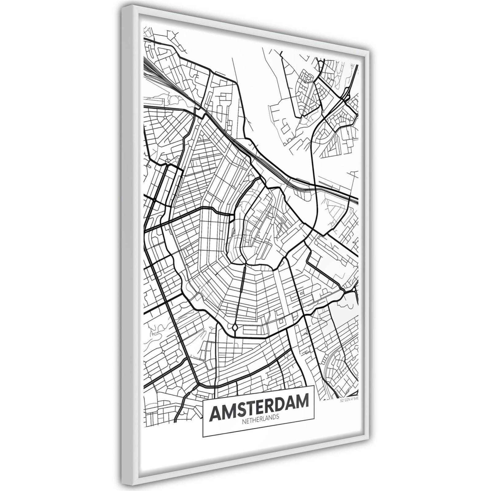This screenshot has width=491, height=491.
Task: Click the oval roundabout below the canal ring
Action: click(x=235, y=328)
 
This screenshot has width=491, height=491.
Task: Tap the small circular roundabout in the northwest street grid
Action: click(x=165, y=117)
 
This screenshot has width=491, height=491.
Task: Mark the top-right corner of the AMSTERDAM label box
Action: click(x=314, y=385)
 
